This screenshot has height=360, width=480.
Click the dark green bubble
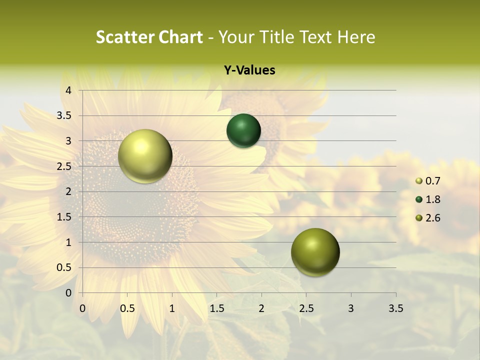[x=243, y=131]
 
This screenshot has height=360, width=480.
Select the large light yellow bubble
[x=145, y=156]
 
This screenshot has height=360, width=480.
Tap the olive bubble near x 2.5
[x=315, y=252]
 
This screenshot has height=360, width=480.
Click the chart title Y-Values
[x=249, y=70]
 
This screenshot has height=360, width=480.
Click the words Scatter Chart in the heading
[x=149, y=37]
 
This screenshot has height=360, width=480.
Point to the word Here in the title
[x=356, y=37]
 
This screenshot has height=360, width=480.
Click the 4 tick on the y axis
[x=69, y=90]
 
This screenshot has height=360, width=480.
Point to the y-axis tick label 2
[x=69, y=191]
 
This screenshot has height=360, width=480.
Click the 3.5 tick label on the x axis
[x=395, y=308]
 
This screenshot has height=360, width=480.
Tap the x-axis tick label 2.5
[x=306, y=308]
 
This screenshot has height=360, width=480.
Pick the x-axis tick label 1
[x=172, y=308]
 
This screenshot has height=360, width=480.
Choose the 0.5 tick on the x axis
[x=127, y=308]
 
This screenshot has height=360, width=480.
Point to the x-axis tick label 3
[x=351, y=308]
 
